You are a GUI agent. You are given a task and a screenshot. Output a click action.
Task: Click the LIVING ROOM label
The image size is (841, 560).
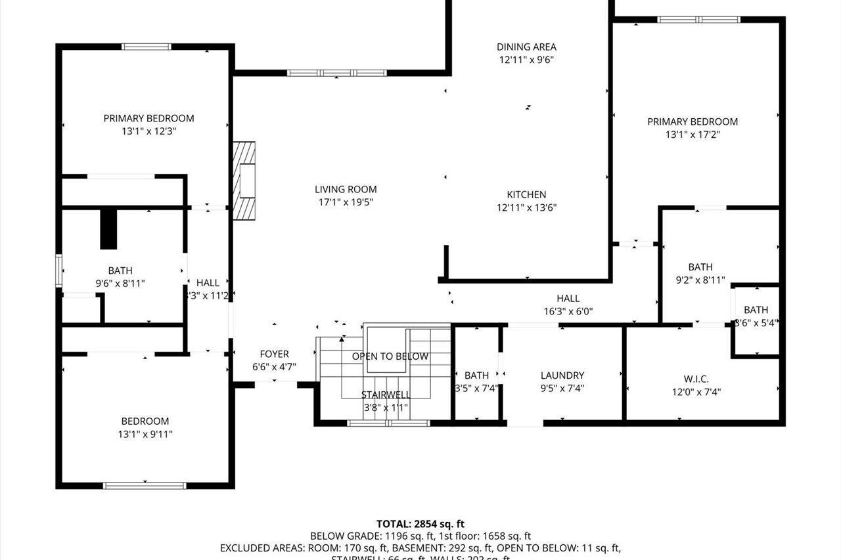click(x=345, y=190)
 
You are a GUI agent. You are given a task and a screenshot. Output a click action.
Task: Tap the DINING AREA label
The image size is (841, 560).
click(x=526, y=47)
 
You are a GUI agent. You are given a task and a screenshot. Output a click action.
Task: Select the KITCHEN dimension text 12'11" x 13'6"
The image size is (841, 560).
click(x=526, y=208)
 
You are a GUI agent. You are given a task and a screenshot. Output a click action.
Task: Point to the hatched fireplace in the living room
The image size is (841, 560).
click(x=245, y=181)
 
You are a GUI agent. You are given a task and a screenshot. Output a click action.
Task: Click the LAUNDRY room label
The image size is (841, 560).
click(x=562, y=376)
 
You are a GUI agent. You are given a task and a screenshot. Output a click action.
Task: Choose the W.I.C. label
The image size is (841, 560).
click(x=695, y=379)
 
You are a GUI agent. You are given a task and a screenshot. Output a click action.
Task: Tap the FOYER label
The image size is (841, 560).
click(x=274, y=355)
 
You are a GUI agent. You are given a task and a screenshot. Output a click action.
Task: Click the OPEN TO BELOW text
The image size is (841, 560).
click(x=390, y=356)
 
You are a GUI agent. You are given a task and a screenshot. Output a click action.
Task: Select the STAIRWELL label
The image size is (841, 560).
click(x=385, y=395)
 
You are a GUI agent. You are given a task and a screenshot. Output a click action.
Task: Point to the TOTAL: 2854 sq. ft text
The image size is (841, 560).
click(x=420, y=524)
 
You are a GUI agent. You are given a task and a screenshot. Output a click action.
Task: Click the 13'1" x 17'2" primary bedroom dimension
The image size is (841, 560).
click(x=693, y=135)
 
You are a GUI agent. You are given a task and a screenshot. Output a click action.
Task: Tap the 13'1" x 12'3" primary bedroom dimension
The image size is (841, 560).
click(x=148, y=131)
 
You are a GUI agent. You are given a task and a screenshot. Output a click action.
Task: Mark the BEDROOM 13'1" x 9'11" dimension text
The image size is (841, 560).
click(x=145, y=434)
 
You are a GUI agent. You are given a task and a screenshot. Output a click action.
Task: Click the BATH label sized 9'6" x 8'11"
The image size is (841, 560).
click(x=120, y=270)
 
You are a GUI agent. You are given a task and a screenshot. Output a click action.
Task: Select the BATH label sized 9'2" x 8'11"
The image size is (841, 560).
click(x=700, y=267)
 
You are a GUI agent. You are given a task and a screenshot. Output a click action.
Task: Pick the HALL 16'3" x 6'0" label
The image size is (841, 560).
click(x=568, y=299)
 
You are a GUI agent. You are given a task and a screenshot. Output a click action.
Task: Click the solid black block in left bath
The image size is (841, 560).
click(x=108, y=229)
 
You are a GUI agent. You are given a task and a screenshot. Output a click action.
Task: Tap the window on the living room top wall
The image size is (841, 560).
click(x=337, y=73)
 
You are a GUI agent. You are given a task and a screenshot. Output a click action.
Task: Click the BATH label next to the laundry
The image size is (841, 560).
click(x=476, y=376)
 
